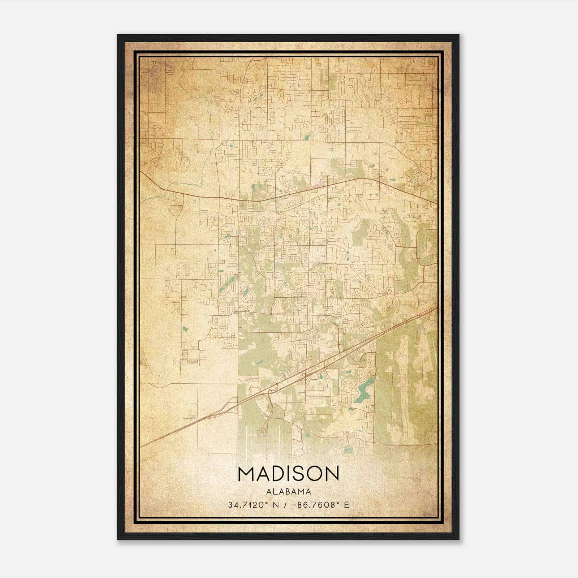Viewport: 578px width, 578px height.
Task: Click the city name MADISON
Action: tap(289, 474)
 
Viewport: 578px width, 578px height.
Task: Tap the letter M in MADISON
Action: tap(246, 474)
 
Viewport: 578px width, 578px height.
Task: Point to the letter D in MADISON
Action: tap(276, 474)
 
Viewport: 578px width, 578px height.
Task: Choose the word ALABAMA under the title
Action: tap(289, 492)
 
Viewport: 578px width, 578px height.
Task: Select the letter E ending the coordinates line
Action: tap(347, 505)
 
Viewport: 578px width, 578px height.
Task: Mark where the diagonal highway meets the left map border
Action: tap(141, 447)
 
